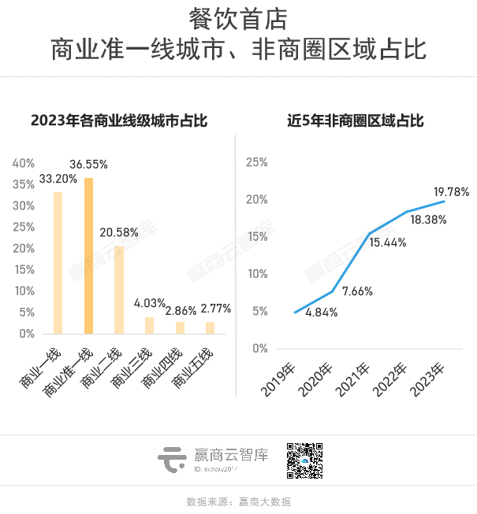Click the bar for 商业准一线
point(88,256)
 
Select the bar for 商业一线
point(58,263)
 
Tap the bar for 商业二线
point(119,290)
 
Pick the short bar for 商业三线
point(149,325)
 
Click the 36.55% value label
point(88,165)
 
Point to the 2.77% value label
point(215,309)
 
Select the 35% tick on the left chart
point(24,184)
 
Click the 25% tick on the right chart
point(257,162)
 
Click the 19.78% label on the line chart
point(452,191)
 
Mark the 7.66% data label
point(356,291)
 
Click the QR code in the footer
point(304,460)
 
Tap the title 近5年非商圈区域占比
point(356,120)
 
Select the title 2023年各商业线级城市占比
point(118,120)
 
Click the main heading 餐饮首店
point(238,18)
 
